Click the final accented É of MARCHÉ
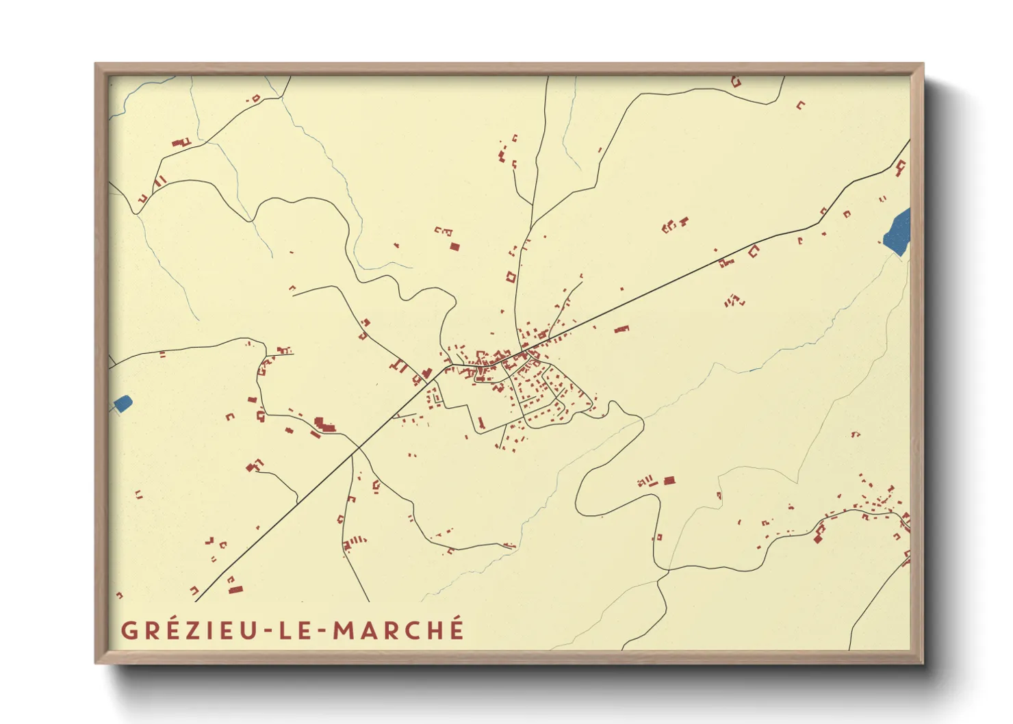pos(457,629)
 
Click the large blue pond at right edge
pos(897,232)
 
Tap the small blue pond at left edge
pos(123,403)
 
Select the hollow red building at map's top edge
pos(736,82)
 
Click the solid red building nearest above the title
pos(235,589)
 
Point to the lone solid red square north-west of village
pos(454,246)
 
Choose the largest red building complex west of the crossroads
pos(323,425)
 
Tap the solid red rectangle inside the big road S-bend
pos(669,480)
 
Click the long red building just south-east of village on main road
pos(621,329)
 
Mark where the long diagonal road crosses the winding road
pos(358,449)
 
